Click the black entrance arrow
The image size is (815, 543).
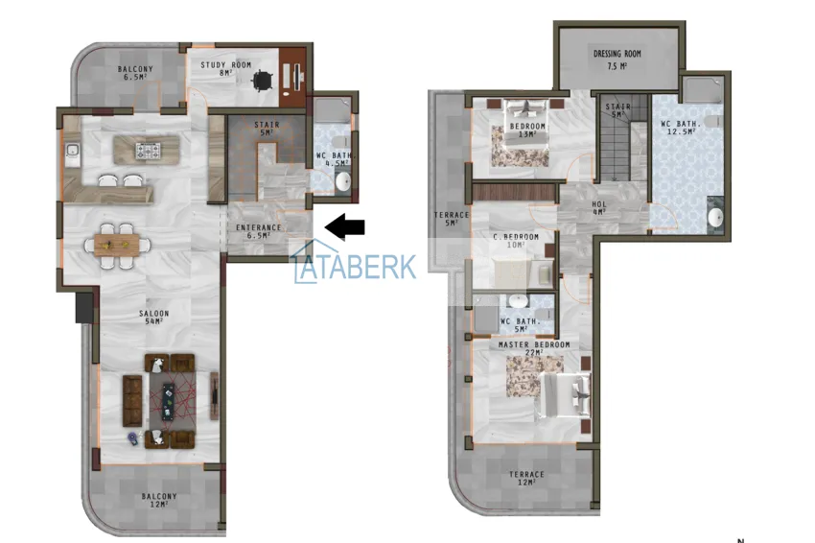[346, 227]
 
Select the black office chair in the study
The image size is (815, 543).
[260, 80]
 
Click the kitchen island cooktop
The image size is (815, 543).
[148, 150]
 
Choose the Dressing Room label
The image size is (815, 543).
[617, 59]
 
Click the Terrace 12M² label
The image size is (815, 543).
[526, 478]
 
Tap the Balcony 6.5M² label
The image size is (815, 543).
[135, 72]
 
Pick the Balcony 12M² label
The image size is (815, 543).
[158, 500]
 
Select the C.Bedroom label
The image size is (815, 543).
[516, 241]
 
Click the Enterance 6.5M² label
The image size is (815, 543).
[259, 231]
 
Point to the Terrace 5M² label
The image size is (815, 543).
[451, 219]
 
